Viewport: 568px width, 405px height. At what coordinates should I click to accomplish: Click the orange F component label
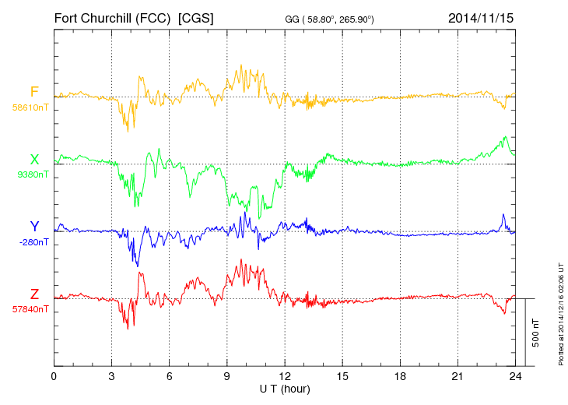(x=34, y=91)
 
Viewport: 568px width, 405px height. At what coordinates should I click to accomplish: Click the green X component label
(x=34, y=159)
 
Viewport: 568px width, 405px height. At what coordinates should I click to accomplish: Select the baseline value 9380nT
(x=32, y=174)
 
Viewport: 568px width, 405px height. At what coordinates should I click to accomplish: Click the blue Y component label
(x=34, y=227)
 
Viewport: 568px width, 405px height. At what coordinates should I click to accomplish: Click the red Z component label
(x=34, y=294)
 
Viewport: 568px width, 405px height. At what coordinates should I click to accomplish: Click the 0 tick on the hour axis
(x=54, y=376)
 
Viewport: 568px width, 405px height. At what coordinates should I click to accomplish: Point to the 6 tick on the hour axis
(x=170, y=376)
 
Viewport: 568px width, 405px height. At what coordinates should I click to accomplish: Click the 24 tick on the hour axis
(x=514, y=376)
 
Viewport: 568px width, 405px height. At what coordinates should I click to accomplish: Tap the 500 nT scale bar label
(x=535, y=333)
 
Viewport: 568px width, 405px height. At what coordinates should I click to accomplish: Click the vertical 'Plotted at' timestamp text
(x=559, y=308)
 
